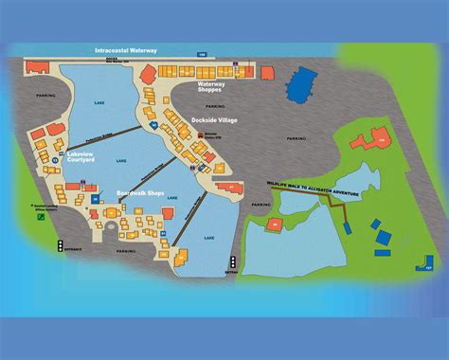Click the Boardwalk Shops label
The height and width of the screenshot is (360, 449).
(x=140, y=192)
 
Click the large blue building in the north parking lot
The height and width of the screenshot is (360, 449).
(x=300, y=85)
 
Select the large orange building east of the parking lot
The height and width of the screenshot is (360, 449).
(x=369, y=140)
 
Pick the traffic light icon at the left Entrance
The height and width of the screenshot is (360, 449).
(x=60, y=245)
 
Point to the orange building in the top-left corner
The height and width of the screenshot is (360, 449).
(x=37, y=67)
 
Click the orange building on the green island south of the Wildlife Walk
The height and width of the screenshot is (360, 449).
(x=275, y=225)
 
